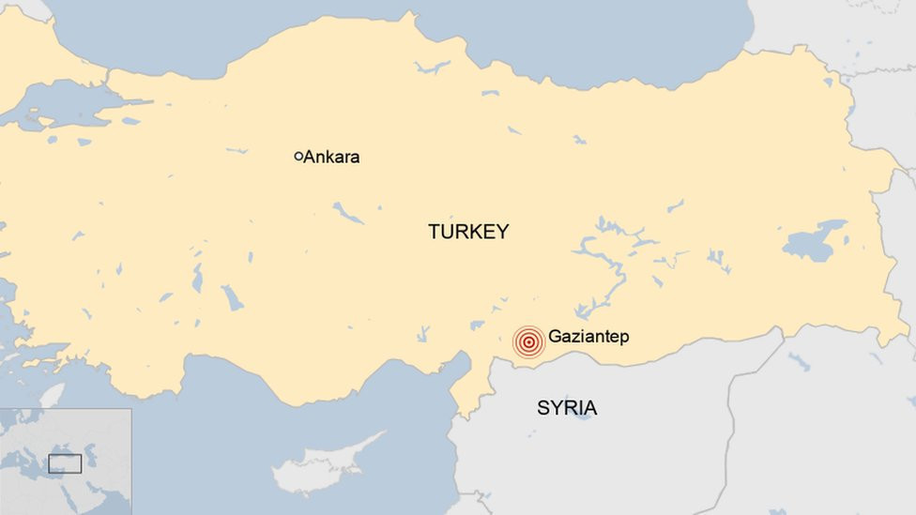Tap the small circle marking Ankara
[x=298, y=157]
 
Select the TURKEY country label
[x=468, y=232]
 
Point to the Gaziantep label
[x=588, y=336]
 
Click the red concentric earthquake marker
[x=529, y=342]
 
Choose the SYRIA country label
[x=567, y=408]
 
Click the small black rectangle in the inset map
[x=65, y=463]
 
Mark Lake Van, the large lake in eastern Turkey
[x=813, y=241]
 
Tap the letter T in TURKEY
[x=435, y=232]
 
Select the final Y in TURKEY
[x=502, y=232]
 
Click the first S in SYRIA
[x=543, y=408]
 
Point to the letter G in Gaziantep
[x=555, y=336]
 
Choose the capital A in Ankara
[x=309, y=157]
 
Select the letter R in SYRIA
[x=570, y=408]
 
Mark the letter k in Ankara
[x=329, y=157]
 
